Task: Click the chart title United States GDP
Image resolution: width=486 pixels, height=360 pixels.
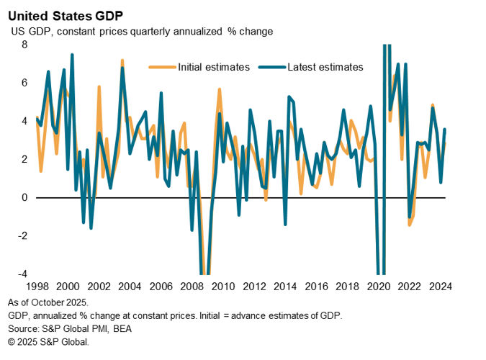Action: [66, 14]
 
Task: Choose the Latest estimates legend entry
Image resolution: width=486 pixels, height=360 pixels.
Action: [325, 67]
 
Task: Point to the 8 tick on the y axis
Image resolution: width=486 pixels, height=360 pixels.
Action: [24, 45]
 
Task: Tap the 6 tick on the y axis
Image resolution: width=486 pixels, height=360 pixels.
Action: [24, 83]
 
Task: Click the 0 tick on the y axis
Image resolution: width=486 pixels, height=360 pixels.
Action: [24, 197]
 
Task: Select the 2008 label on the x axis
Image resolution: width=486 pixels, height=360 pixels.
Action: [191, 284]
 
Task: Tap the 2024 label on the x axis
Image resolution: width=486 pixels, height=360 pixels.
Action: [436, 284]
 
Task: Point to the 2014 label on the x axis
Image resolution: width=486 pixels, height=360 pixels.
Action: [283, 284]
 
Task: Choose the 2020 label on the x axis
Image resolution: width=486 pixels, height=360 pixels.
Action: [375, 284]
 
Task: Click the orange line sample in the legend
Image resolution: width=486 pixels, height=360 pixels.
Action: [160, 67]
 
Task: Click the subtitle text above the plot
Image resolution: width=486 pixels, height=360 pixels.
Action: [142, 32]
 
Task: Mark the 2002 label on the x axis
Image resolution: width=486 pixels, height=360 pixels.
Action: [99, 284]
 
